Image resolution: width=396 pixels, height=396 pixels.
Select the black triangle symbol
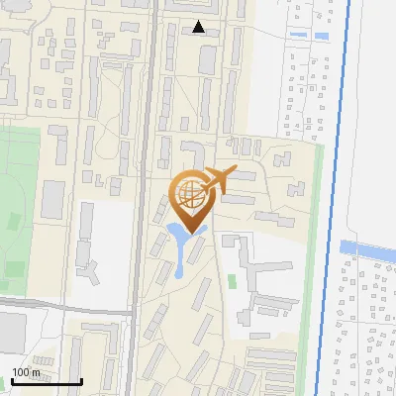coord(200,27)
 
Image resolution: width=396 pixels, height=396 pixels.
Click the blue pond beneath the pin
coord(182,241)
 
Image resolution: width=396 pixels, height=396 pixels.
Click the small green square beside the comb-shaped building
coord(232,282)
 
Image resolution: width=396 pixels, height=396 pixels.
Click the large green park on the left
coord(20,198)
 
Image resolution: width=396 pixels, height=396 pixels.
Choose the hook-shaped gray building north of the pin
coord(194,153)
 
